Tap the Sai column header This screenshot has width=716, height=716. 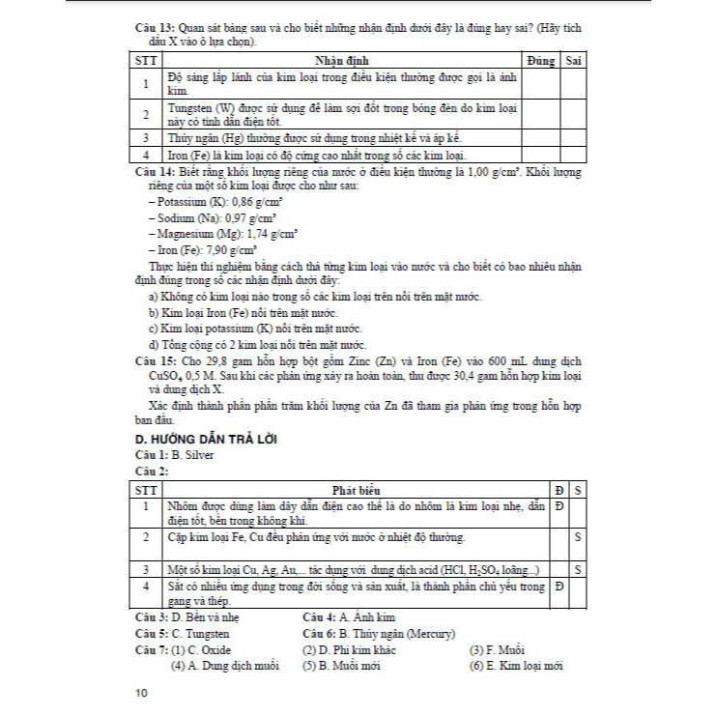[x=573, y=61]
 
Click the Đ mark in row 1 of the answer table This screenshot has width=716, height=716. [x=559, y=505]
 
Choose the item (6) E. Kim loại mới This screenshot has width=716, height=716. [x=522, y=665]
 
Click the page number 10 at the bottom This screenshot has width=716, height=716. [x=143, y=693]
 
